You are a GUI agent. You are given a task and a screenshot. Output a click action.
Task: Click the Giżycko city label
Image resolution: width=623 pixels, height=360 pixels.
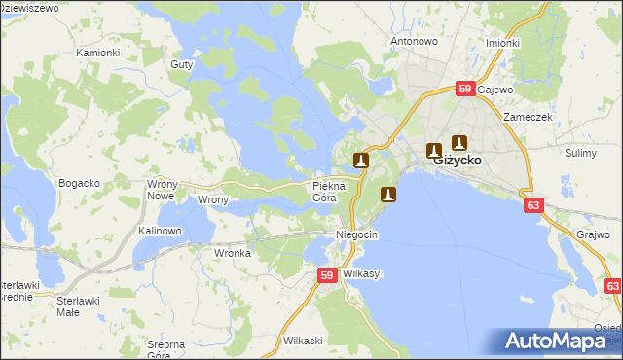pos(458,161)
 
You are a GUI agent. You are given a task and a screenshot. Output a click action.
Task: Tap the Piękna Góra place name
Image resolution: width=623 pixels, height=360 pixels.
pos(325,191)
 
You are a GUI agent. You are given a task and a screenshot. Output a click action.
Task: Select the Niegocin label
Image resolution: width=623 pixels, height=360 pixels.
pos(356,235)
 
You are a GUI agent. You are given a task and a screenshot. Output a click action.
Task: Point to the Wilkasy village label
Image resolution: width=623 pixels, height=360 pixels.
pos(361,274)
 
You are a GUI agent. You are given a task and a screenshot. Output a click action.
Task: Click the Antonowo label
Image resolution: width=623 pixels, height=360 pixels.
pos(413,43)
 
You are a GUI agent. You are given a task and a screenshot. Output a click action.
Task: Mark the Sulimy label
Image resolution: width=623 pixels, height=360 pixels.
pos(580,153)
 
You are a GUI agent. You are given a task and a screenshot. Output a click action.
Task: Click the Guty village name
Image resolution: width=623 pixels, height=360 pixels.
pos(182,64)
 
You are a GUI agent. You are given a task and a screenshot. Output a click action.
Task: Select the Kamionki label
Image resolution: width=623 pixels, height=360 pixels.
pos(97,52)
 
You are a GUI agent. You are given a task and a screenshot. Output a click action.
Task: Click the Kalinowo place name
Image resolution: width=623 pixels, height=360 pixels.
pos(160,231)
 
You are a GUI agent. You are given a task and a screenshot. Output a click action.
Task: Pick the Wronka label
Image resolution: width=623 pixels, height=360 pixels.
pos(233,253)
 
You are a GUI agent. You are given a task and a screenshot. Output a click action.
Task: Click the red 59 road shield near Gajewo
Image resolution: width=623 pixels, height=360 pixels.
pos(465,89)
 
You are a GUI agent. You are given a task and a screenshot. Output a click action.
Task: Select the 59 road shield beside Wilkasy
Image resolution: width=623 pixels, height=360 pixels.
pos(328,276)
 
